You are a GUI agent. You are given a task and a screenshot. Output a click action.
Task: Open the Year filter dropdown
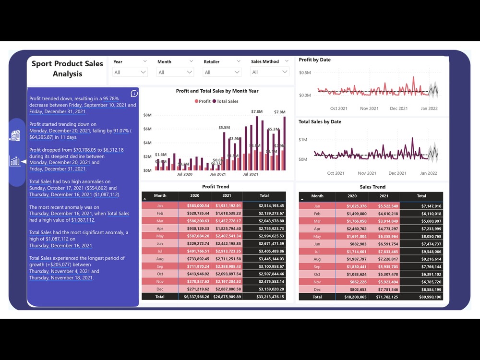[130, 72]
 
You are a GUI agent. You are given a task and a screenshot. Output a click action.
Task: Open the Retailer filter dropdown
[222, 72]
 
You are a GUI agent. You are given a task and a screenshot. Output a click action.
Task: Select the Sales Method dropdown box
[270, 72]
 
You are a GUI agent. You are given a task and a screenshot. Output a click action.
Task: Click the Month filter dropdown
[176, 72]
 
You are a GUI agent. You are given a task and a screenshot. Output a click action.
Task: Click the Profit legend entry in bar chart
[202, 101]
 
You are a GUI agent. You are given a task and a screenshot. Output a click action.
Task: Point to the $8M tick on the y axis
[148, 115]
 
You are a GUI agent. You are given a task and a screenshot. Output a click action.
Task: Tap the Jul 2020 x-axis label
[184, 174]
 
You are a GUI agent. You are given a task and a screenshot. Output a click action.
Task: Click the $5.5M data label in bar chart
[224, 128]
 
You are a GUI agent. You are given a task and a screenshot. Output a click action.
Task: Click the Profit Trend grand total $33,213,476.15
[264, 297]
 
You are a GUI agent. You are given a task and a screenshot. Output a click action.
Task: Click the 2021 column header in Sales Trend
[384, 196]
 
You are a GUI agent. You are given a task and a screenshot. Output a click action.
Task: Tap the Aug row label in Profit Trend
[160, 259]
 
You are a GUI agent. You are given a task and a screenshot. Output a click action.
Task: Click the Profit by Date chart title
[314, 60]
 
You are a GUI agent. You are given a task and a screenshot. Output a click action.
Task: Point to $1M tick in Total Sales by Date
[303, 140]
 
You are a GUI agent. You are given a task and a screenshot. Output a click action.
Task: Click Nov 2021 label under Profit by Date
[370, 108]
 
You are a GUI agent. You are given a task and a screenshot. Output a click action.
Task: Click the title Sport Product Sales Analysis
[67, 69]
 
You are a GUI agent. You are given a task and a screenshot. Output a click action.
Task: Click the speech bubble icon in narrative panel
[134, 94]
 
